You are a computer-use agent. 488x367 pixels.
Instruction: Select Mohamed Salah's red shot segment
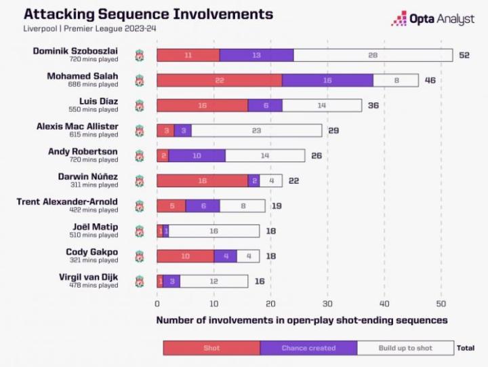click(x=219, y=80)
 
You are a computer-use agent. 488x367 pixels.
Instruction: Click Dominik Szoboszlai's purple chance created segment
click(x=256, y=55)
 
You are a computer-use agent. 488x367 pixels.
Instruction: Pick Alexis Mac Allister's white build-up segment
click(x=256, y=130)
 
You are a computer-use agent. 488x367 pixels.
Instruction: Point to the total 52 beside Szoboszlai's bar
click(x=464, y=55)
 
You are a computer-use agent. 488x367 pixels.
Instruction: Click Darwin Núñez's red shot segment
click(x=202, y=180)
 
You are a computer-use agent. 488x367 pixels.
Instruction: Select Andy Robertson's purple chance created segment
click(x=197, y=155)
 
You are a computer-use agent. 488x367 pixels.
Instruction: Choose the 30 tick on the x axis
click(x=327, y=304)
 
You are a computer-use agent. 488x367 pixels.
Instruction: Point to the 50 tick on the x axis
click(x=441, y=304)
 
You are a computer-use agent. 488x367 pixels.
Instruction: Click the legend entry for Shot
click(x=211, y=348)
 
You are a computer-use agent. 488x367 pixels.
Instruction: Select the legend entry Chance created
click(x=308, y=348)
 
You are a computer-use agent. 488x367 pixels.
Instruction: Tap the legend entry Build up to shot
click(x=405, y=348)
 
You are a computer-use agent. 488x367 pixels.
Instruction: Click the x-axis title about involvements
click(x=302, y=320)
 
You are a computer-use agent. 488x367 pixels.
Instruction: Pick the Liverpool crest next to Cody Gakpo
click(x=139, y=256)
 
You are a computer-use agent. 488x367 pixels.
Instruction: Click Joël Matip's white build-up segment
click(x=213, y=231)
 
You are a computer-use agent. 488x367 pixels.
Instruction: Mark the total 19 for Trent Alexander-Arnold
click(x=277, y=206)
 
